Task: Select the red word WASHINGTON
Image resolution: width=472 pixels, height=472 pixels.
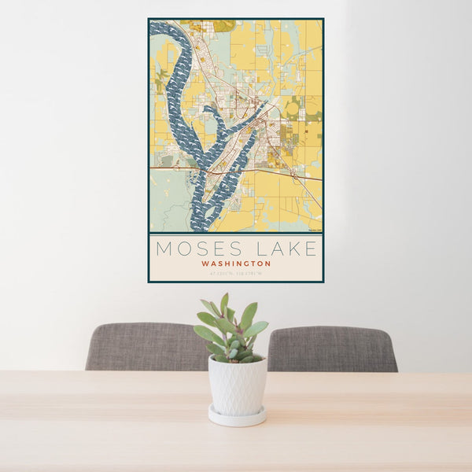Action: pos(236,264)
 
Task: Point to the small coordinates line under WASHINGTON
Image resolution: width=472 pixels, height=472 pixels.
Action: pos(236,273)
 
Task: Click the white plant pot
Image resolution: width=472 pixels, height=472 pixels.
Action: pos(237,385)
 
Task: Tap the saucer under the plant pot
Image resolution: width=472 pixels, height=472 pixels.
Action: pos(237,416)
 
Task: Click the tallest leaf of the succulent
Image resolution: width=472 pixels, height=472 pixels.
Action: pos(224,303)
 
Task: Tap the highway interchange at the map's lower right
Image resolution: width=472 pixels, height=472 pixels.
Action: pos(296,178)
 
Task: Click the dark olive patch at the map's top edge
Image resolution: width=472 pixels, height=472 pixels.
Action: pos(223,25)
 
